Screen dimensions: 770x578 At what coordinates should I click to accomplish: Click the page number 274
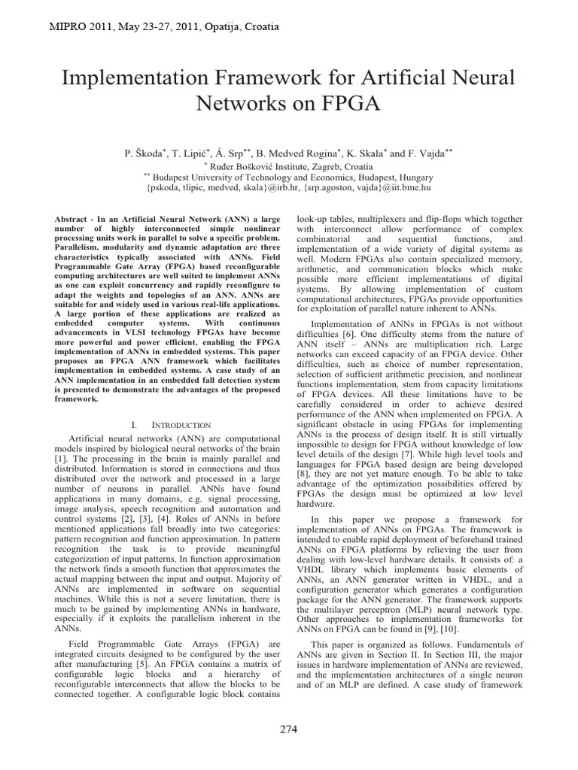point(289,730)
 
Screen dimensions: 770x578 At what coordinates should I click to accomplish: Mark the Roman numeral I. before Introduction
point(134,426)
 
